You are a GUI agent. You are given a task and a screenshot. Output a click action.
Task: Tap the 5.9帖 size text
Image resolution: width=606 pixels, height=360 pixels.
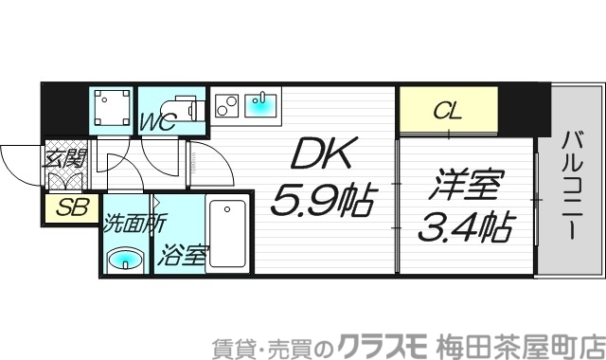[323, 198]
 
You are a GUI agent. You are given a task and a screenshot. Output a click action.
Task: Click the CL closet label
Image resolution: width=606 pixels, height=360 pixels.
[447, 111]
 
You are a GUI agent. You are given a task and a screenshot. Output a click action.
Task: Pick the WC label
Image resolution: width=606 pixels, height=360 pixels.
[157, 122]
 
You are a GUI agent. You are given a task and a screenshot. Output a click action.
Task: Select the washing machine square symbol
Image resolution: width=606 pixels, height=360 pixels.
[114, 107]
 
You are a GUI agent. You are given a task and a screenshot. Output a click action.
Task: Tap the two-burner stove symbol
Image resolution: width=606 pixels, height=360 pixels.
[226, 104]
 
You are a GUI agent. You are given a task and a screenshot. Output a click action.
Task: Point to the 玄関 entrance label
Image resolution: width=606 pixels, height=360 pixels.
[63, 156]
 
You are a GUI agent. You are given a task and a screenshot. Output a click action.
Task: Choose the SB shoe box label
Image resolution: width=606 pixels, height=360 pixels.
[67, 208]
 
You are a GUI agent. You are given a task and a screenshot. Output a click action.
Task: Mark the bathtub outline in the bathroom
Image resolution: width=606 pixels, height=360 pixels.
[227, 233]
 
